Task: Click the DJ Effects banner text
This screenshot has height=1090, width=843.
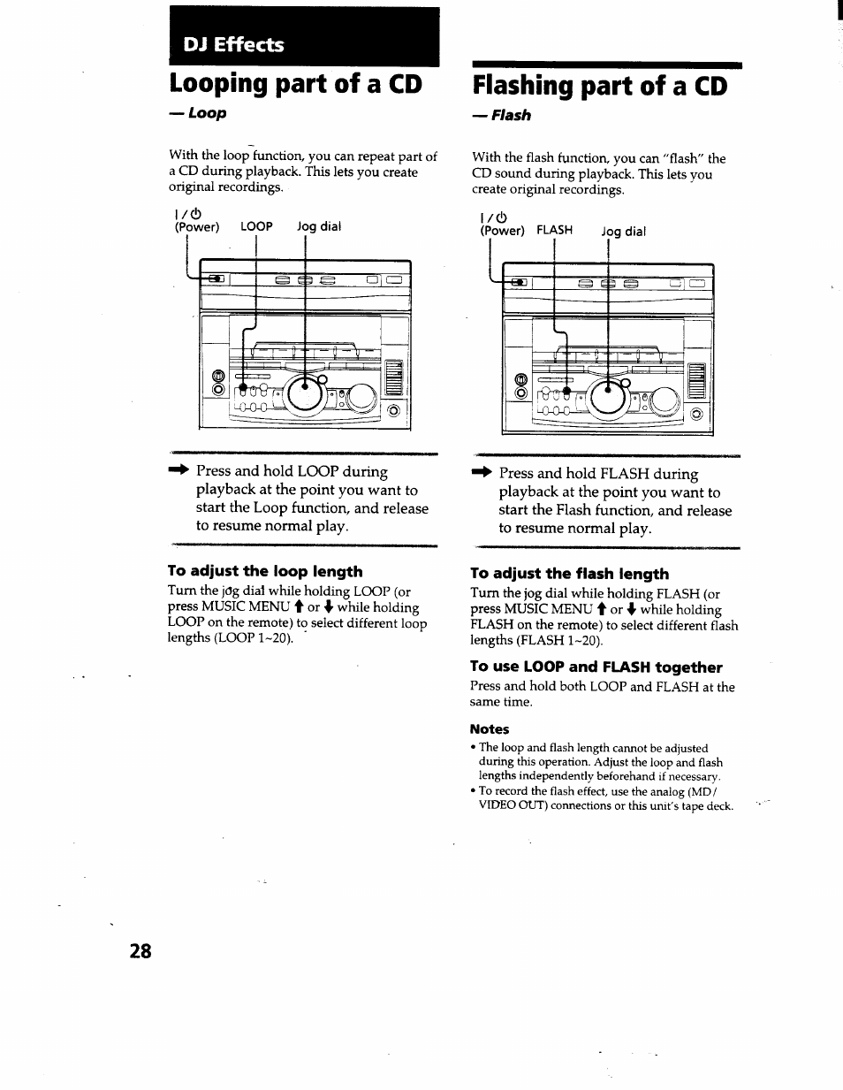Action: [228, 44]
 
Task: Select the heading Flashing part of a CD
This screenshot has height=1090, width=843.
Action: [599, 86]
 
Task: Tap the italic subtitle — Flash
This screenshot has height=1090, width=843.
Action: [501, 115]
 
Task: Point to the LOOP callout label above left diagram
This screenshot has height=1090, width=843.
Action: [256, 226]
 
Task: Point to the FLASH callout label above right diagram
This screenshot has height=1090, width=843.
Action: [554, 230]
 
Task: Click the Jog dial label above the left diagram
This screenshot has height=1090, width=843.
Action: [318, 226]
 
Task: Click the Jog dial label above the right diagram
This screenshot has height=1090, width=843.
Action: [623, 232]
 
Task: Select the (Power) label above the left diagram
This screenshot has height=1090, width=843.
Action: [196, 226]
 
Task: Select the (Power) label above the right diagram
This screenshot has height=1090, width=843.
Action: [502, 230]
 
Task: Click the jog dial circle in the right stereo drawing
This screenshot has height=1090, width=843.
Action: [609, 398]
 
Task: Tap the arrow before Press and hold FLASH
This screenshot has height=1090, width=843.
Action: [482, 474]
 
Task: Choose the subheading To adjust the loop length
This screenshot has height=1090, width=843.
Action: [265, 571]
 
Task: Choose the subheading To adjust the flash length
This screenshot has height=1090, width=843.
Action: [569, 574]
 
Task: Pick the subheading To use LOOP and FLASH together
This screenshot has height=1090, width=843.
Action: [596, 667]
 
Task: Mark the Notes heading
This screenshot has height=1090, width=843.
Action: [489, 729]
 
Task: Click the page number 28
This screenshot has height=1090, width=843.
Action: [140, 951]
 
